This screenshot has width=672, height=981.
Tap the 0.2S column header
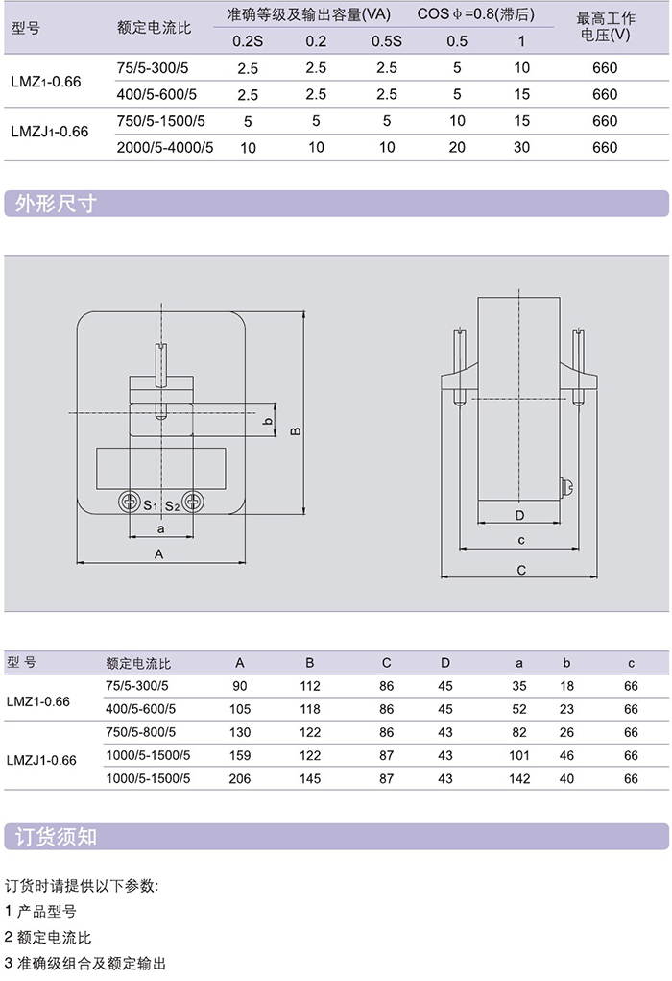click(x=247, y=41)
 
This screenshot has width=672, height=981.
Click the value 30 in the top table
click(x=521, y=148)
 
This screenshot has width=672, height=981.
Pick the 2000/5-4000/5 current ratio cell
click(x=164, y=148)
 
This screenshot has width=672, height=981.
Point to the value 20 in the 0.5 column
click(x=457, y=148)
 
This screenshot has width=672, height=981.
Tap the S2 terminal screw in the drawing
click(x=194, y=502)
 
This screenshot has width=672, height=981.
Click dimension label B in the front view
click(x=296, y=430)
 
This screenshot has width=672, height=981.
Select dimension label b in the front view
click(x=269, y=421)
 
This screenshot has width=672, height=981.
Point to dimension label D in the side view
click(x=519, y=514)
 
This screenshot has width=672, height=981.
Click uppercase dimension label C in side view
click(x=520, y=570)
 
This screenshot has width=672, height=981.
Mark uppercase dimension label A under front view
click(x=160, y=554)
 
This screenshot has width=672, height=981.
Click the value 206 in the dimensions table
click(x=240, y=779)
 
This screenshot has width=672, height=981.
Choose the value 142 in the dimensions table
click(x=519, y=779)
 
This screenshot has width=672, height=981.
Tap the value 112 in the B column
click(x=310, y=685)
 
